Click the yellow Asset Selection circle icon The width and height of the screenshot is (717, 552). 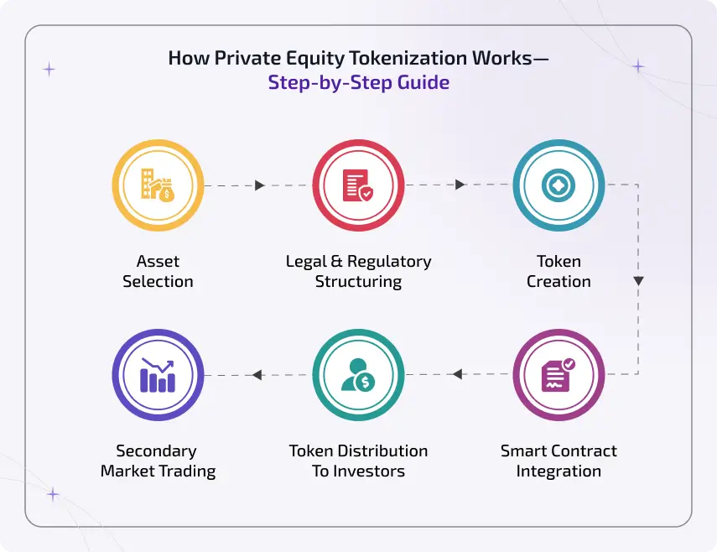pos(158,185)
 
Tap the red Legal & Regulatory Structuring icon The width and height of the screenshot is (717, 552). pos(358,185)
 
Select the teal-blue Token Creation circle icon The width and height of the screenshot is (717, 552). pos(559,185)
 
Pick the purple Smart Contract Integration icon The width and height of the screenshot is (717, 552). pos(559,374)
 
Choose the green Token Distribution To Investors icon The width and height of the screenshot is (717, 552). pos(358,374)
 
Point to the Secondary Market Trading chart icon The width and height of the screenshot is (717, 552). pos(158,374)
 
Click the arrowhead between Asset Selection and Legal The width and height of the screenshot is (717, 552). pos(259,185)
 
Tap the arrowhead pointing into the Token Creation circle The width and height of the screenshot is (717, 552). pos(460,185)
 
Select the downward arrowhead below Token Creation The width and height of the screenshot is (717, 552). pos(638,281)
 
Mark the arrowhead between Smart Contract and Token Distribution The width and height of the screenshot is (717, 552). pos(458,374)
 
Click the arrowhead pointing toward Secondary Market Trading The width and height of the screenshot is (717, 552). pos(257,374)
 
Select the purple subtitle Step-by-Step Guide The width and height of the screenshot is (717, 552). pos(358,83)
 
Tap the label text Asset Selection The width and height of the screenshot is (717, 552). pos(158,271)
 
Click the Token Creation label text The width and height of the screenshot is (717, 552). pos(559,271)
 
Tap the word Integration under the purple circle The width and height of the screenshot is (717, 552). pos(559,471)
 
